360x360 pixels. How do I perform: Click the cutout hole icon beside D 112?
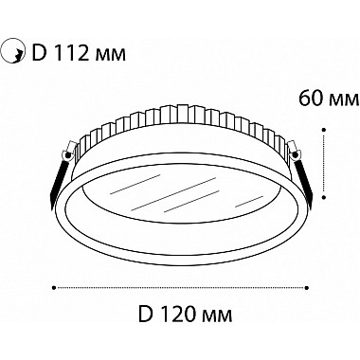click(12, 51)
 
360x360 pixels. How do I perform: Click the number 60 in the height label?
click(311, 99)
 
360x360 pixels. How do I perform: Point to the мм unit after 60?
click(344, 100)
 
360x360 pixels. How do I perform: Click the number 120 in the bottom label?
click(180, 314)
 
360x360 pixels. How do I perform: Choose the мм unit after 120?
click(217, 315)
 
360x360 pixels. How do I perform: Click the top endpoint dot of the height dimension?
click(324, 129)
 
